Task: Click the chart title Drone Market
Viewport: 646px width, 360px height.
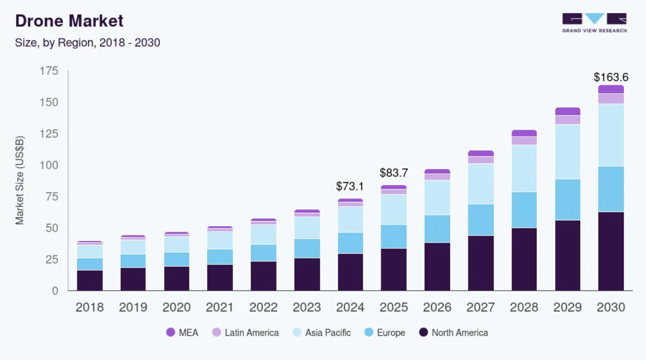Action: click(69, 21)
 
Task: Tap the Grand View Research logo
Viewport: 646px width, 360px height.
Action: click(594, 23)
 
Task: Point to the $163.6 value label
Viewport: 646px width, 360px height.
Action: click(611, 77)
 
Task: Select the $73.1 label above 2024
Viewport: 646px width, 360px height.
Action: click(350, 186)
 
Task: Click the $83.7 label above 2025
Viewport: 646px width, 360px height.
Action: click(393, 173)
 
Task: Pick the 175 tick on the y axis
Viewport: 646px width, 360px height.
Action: click(49, 71)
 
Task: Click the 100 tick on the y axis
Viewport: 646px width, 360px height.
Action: click(49, 165)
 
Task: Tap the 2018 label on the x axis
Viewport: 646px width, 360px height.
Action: click(89, 307)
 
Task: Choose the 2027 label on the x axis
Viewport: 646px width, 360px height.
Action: click(480, 307)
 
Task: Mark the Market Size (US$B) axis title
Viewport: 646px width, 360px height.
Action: click(20, 180)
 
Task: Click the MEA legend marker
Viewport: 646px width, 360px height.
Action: click(171, 332)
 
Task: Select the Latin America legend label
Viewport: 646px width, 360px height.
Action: click(251, 333)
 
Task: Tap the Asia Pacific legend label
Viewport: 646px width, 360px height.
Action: click(328, 333)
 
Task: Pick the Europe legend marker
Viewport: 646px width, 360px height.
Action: click(369, 332)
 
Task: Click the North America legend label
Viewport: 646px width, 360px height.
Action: click(460, 333)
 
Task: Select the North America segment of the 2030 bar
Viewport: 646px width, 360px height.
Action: click(611, 251)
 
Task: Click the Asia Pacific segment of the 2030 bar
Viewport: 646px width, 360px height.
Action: click(611, 135)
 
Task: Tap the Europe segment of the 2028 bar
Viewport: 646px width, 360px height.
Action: click(524, 210)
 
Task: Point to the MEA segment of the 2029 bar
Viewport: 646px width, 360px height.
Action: click(568, 111)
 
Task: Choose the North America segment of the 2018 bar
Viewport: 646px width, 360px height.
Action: click(90, 280)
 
